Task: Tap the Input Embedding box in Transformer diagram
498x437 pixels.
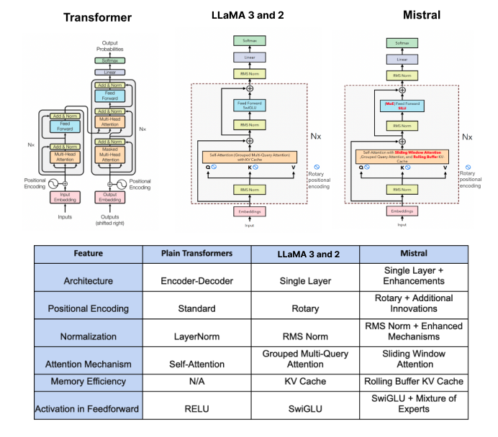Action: pos(65,196)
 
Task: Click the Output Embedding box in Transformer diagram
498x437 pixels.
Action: pos(111,196)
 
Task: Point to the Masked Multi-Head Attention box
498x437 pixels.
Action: pos(111,153)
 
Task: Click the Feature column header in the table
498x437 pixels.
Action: pos(87,254)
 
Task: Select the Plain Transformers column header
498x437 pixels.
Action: pos(197,254)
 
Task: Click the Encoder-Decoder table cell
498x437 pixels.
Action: pos(197,280)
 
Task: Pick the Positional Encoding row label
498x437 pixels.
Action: pos(87,308)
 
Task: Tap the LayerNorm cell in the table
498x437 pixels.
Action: pos(197,336)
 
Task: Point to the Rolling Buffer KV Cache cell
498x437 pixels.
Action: pos(413,381)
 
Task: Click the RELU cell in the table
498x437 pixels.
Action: pos(197,409)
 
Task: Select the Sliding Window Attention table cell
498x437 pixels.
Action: pos(413,359)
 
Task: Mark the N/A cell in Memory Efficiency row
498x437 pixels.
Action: pos(197,381)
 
